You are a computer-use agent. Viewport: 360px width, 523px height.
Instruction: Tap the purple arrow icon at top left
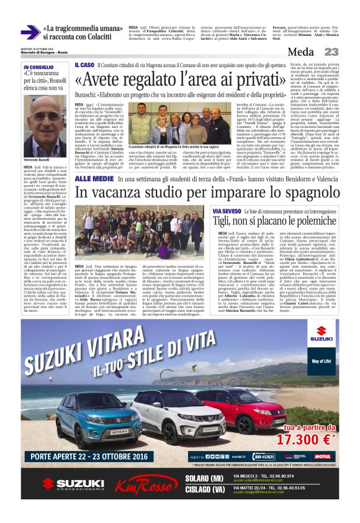click(30, 32)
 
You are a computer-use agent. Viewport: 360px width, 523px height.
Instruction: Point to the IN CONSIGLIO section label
click(38, 67)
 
